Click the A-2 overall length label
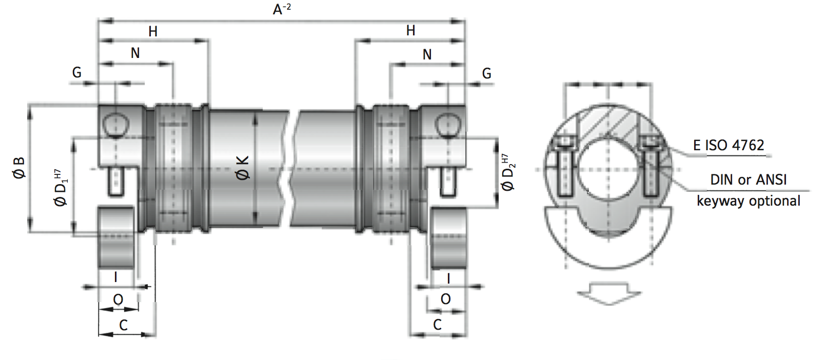[x=282, y=9]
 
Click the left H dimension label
[x=153, y=32]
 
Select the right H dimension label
[x=410, y=31]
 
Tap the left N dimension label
[x=135, y=53]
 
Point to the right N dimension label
[x=427, y=55]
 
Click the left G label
[x=76, y=73]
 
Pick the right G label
[x=486, y=74]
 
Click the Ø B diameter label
[x=19, y=168]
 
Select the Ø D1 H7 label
[x=61, y=188]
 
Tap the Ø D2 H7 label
[x=508, y=172]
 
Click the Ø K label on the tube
[x=242, y=168]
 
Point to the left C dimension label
[x=123, y=325]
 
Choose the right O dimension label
[x=445, y=299]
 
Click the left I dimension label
[x=115, y=277]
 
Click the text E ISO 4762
[x=728, y=146]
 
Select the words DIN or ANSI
[x=748, y=180]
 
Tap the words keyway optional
[x=748, y=201]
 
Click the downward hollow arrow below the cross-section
[x=609, y=293]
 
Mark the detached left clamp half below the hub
[x=116, y=237]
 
